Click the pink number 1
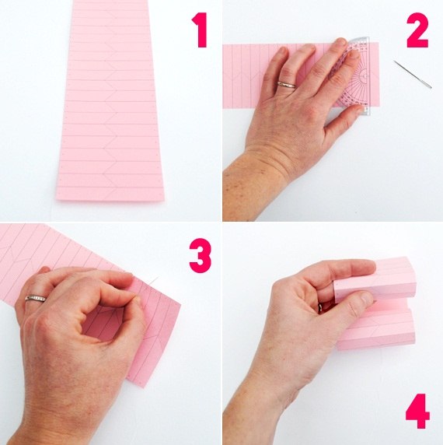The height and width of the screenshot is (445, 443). point(201,30)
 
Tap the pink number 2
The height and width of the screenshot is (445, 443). point(417,30)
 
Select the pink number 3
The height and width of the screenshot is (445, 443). point(201,256)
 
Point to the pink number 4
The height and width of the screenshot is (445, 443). point(418,411)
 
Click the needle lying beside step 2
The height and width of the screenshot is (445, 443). point(413,75)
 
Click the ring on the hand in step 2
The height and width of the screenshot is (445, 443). point(287,85)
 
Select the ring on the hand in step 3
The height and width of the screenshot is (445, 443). point(36,299)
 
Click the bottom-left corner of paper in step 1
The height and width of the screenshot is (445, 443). point(57,198)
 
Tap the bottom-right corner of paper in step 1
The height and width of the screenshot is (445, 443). point(164,201)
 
